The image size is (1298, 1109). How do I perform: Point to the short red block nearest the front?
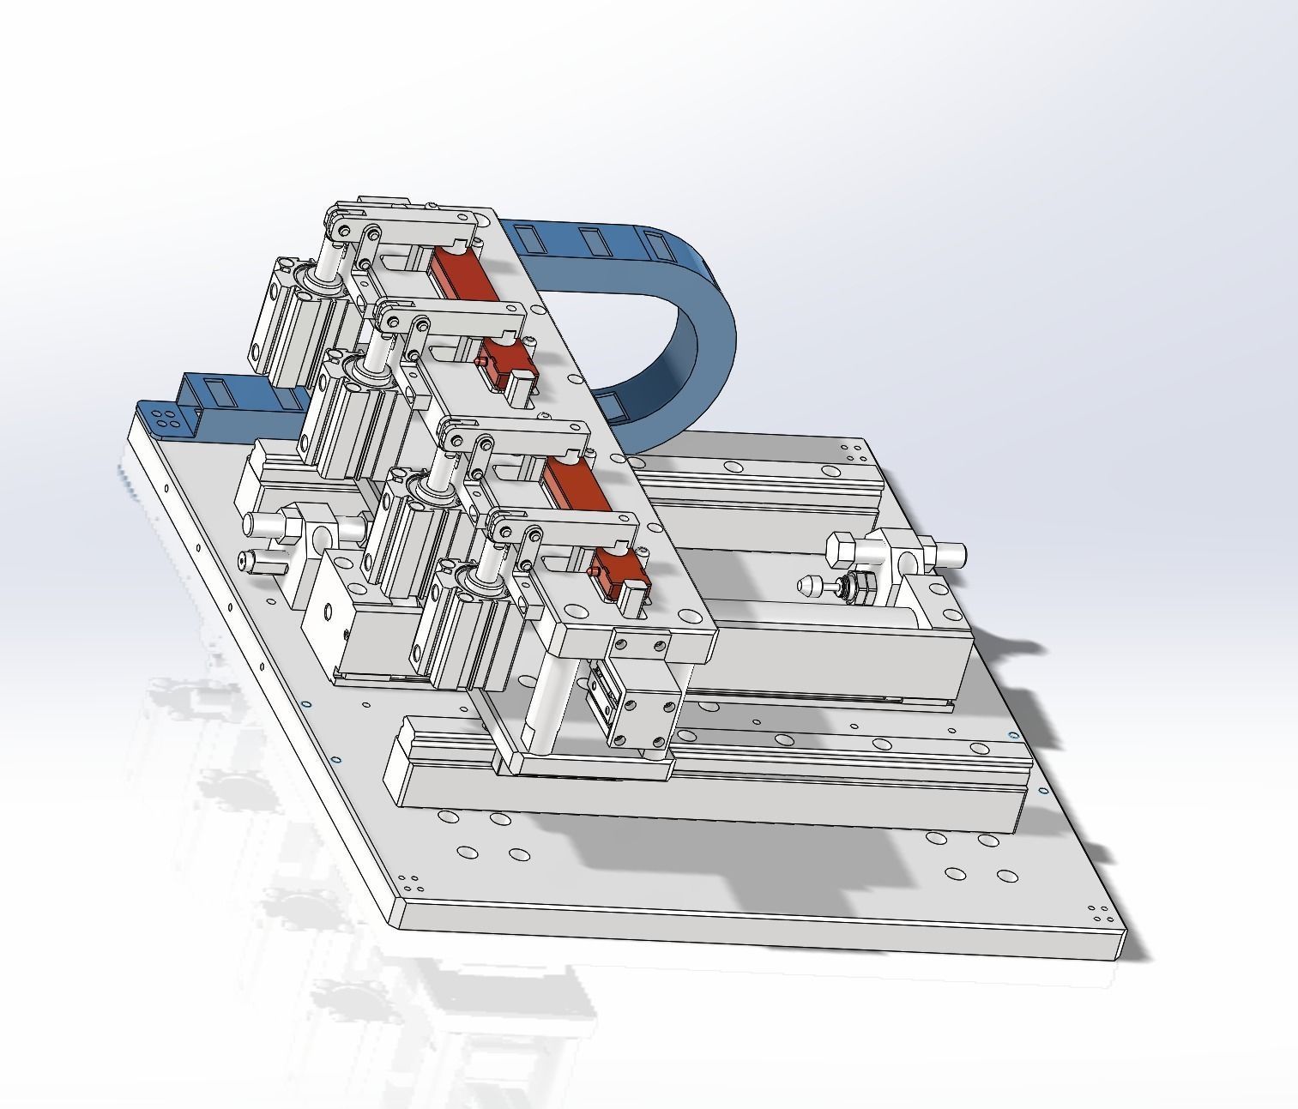point(619,573)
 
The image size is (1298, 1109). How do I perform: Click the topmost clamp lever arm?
point(412,229)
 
